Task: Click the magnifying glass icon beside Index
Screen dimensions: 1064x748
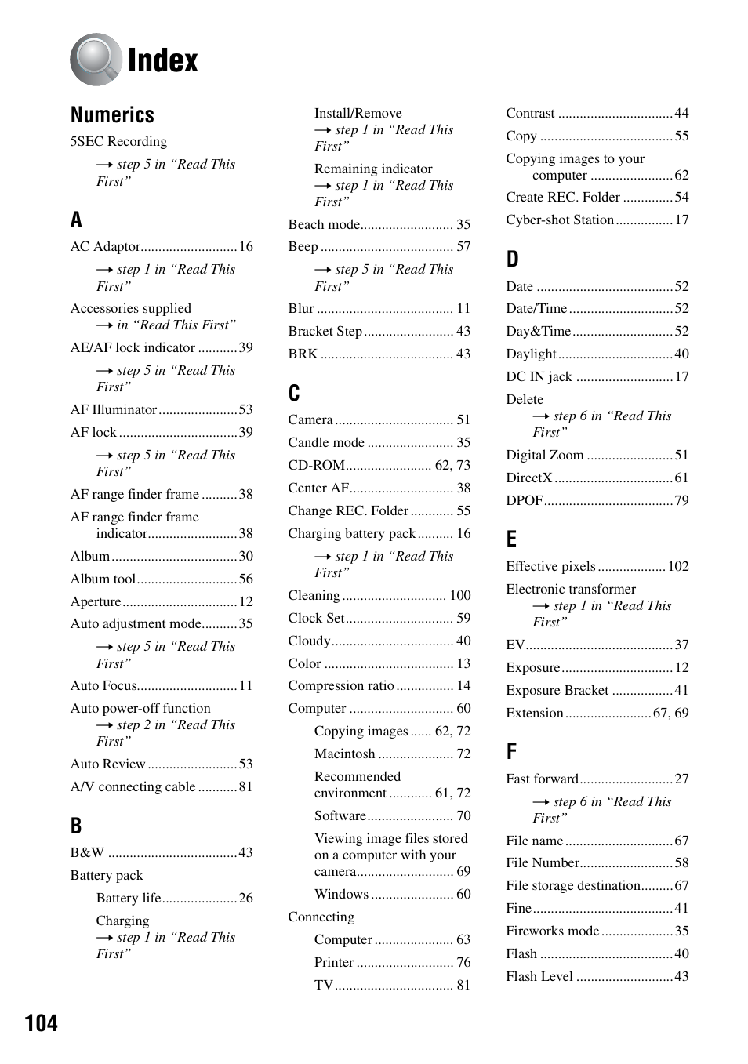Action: pyautogui.click(x=95, y=60)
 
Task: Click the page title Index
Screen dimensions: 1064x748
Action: pyautogui.click(x=162, y=60)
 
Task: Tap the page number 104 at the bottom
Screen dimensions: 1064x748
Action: pyautogui.click(x=41, y=1022)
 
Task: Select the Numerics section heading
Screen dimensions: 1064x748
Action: pyautogui.click(x=112, y=115)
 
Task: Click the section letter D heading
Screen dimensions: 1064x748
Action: pyautogui.click(x=512, y=259)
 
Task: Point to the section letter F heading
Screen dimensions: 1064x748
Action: pyautogui.click(x=511, y=751)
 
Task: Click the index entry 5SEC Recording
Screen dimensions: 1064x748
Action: pyautogui.click(x=118, y=141)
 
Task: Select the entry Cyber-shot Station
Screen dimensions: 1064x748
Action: pyautogui.click(x=559, y=220)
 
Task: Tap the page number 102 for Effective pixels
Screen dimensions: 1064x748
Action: pyautogui.click(x=677, y=566)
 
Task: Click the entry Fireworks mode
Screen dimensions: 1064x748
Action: pyautogui.click(x=552, y=931)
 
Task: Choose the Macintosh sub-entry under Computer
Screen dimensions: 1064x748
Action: pyautogui.click(x=344, y=754)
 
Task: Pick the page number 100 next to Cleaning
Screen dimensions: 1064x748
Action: pyautogui.click(x=459, y=595)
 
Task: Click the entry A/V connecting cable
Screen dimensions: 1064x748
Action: pyautogui.click(x=133, y=786)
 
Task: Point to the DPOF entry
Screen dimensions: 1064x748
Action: pyautogui.click(x=524, y=500)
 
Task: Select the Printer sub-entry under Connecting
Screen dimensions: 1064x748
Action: pyautogui.click(x=334, y=962)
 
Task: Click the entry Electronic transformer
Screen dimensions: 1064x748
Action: pyautogui.click(x=570, y=589)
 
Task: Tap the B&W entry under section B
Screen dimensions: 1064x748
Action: pyautogui.click(x=87, y=852)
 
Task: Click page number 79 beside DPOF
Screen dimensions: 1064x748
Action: pyautogui.click(x=681, y=500)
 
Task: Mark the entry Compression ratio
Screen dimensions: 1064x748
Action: pyautogui.click(x=340, y=685)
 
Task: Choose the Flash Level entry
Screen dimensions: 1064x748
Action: pyautogui.click(x=539, y=976)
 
